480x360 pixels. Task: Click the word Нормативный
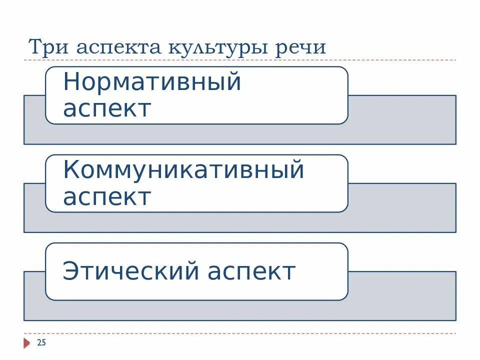coord(152,81)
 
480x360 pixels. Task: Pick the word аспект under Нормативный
coord(107,108)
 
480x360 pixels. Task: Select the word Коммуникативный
coord(183,170)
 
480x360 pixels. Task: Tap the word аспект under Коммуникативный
coord(107,197)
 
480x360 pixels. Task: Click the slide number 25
coord(41,342)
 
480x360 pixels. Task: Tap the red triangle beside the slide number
coord(26,343)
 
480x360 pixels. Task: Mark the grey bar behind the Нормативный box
coord(400,120)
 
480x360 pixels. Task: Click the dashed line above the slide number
coord(240,333)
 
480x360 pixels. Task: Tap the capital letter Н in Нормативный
coord(71,81)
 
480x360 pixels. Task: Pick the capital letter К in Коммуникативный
coord(71,170)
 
